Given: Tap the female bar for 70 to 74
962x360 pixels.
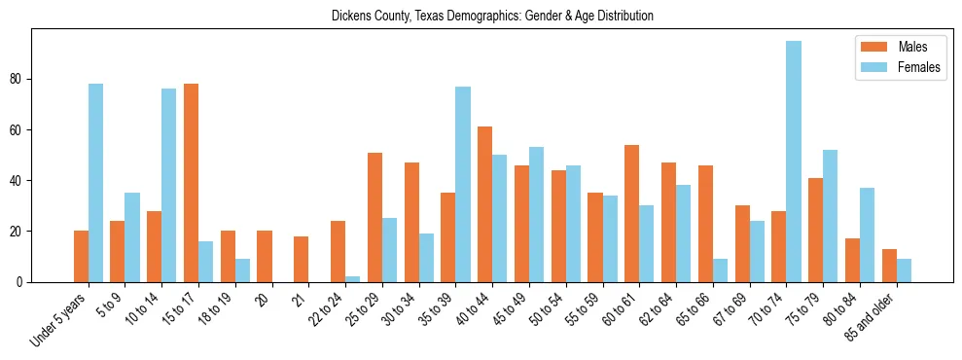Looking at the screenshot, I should tap(794, 162).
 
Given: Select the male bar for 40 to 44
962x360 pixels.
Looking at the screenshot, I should tap(484, 204).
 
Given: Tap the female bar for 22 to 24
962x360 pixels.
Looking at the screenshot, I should tap(353, 279).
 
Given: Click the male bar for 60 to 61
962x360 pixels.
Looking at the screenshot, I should tap(631, 213).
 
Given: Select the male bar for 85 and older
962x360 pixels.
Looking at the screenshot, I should tap(889, 266).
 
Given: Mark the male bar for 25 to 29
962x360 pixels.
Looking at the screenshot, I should tap(374, 217).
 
